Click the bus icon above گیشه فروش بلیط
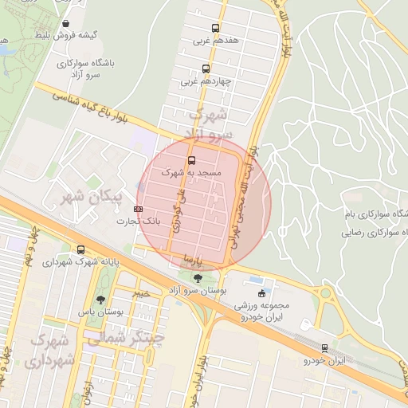(x=65, y=24)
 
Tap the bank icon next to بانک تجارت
(x=139, y=209)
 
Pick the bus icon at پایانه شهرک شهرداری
(x=81, y=249)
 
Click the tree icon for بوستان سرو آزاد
(x=198, y=277)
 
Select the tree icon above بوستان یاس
(x=100, y=300)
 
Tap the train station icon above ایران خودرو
(x=324, y=348)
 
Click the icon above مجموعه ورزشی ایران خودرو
(x=262, y=292)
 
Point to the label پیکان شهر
(x=95, y=196)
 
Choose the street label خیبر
(x=142, y=293)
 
